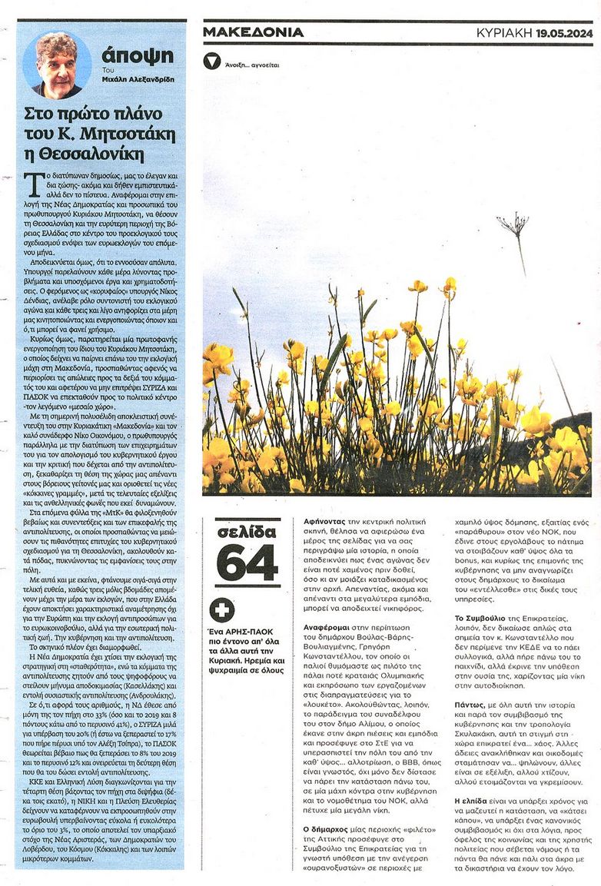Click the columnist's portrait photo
(x=56, y=65)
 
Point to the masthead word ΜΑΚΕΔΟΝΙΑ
(x=253, y=32)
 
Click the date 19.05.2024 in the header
(x=565, y=32)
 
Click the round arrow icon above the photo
(x=211, y=61)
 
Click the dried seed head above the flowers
(x=512, y=224)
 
